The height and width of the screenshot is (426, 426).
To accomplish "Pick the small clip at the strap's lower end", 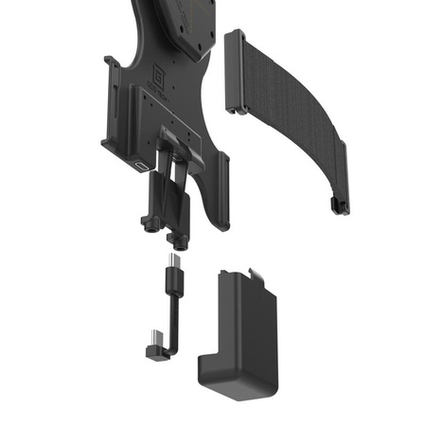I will pyautogui.click(x=332, y=204).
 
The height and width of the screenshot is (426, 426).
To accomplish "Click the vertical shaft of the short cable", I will pyautogui.click(x=173, y=317).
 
